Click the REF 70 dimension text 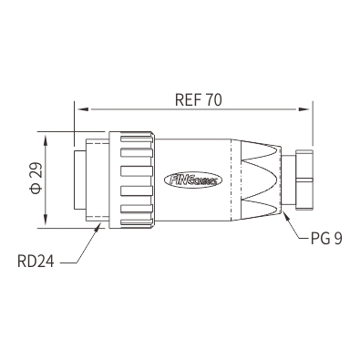199,100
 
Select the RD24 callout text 36,261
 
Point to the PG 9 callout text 326,238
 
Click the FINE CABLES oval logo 193,180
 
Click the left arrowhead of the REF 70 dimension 83,109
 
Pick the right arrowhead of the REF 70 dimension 304,109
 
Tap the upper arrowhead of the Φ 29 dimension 46,140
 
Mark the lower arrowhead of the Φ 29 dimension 46,220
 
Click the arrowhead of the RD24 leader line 98,227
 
